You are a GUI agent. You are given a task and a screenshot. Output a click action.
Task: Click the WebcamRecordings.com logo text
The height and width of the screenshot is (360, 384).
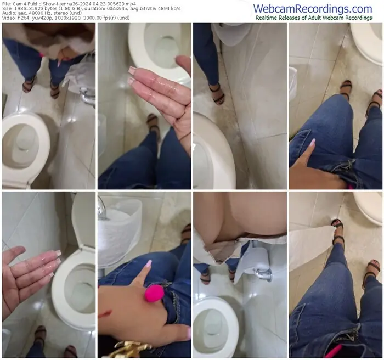point(313,9)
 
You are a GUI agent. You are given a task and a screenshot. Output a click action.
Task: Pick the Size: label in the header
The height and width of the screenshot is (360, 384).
point(7,9)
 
